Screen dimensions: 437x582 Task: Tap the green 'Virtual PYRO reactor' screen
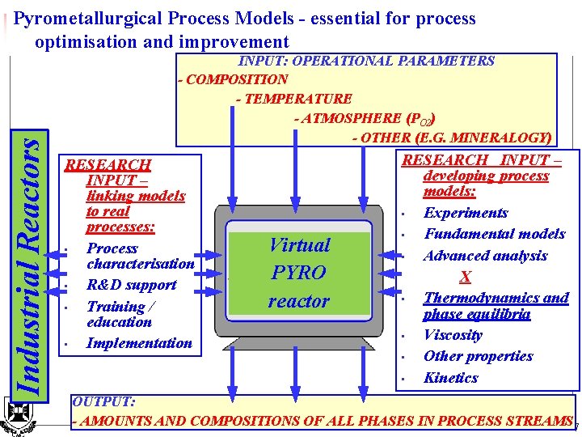coord(299,273)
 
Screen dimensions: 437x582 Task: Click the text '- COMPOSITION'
coord(232,79)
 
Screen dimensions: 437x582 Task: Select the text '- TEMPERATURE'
coord(293,99)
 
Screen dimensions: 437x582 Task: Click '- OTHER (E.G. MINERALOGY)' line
coord(452,138)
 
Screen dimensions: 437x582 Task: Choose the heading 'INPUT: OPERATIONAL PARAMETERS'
coord(366,61)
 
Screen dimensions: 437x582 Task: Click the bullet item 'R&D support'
coord(131,285)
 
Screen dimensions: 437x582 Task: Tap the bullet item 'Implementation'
coord(139,343)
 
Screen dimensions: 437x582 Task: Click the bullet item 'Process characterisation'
coord(140,256)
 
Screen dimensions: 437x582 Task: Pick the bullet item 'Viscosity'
coord(453,335)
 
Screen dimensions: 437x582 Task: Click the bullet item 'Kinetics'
coord(450,378)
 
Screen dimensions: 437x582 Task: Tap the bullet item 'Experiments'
coord(466,213)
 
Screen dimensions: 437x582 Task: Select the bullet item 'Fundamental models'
coord(494,234)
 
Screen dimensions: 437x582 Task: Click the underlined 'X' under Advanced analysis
coord(465,278)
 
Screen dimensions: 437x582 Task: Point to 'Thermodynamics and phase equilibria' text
coord(495,305)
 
